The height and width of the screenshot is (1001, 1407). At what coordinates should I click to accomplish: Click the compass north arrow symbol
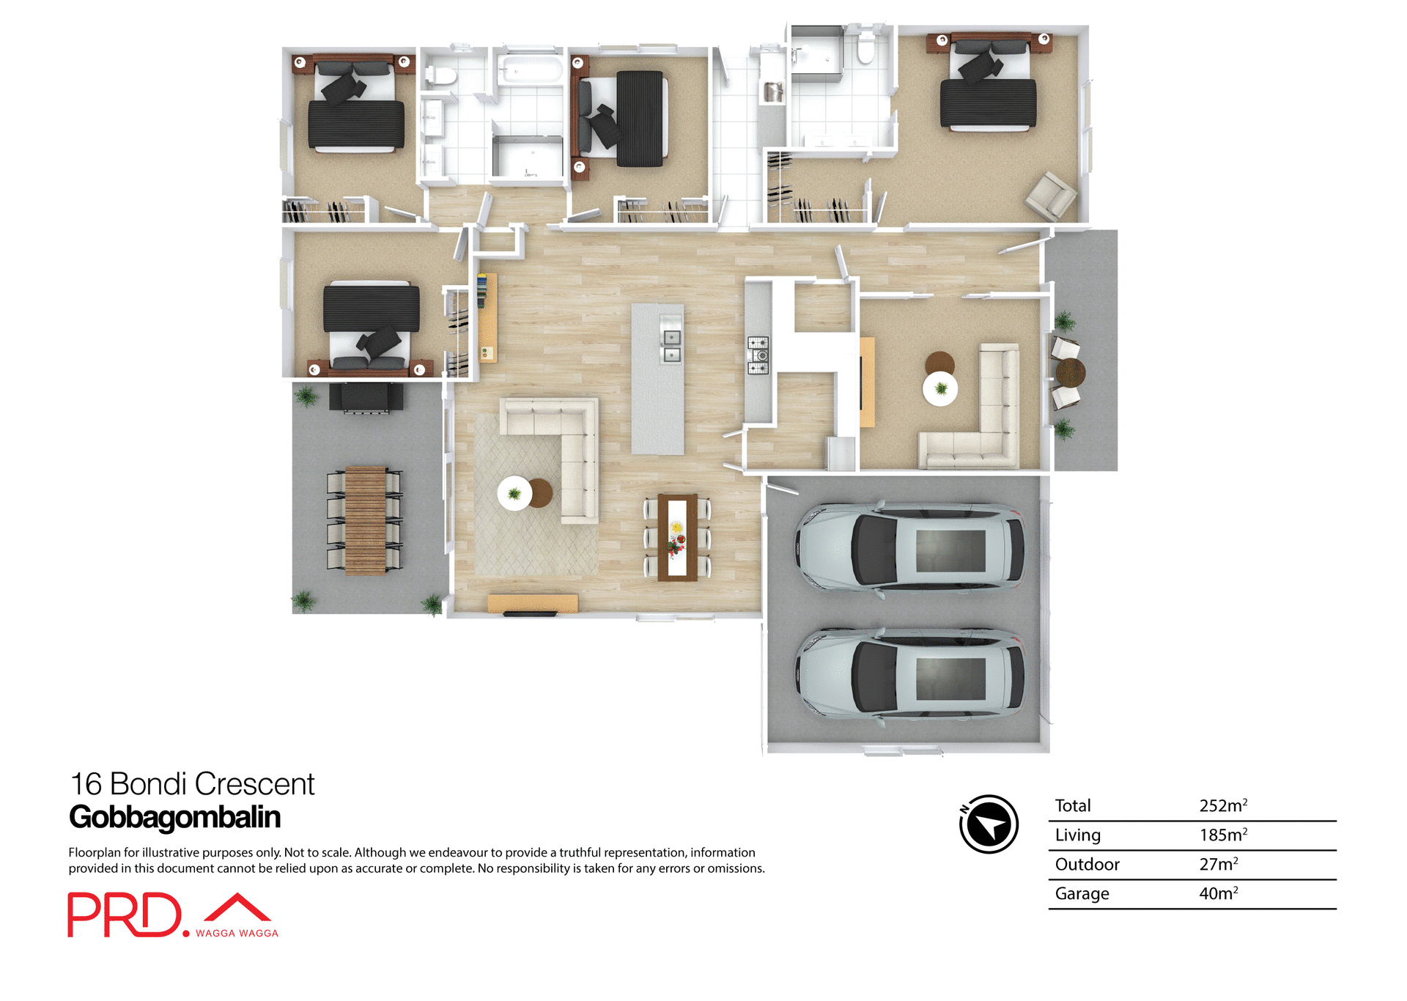(x=989, y=824)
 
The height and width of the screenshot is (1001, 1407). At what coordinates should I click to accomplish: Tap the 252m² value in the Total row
(x=1222, y=805)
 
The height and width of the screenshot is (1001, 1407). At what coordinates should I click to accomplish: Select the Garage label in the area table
(x=1082, y=893)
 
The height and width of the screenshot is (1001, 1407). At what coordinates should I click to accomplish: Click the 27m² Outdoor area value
(x=1218, y=864)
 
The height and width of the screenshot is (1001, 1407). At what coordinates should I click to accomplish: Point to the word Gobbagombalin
(x=174, y=817)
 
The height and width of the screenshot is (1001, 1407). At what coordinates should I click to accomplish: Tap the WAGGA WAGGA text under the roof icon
(x=237, y=933)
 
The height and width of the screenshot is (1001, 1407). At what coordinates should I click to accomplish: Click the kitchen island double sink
(x=671, y=346)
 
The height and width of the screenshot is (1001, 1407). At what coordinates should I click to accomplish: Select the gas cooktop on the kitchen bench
(x=758, y=355)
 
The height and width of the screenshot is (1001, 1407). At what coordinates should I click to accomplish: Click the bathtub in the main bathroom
(x=530, y=71)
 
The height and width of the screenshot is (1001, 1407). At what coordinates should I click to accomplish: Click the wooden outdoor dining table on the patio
(x=365, y=520)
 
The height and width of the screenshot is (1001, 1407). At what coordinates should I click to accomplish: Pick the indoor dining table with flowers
(x=676, y=537)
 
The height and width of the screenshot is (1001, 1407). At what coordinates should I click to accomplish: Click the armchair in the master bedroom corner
(x=1051, y=196)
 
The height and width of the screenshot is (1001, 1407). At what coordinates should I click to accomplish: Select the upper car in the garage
(x=910, y=546)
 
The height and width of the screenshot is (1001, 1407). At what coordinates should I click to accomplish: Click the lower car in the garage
(x=910, y=673)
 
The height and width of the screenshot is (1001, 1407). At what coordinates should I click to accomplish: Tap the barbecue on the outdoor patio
(x=366, y=397)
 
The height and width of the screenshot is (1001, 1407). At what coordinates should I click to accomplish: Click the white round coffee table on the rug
(x=514, y=493)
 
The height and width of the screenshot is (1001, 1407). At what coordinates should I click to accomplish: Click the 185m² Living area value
(x=1222, y=835)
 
